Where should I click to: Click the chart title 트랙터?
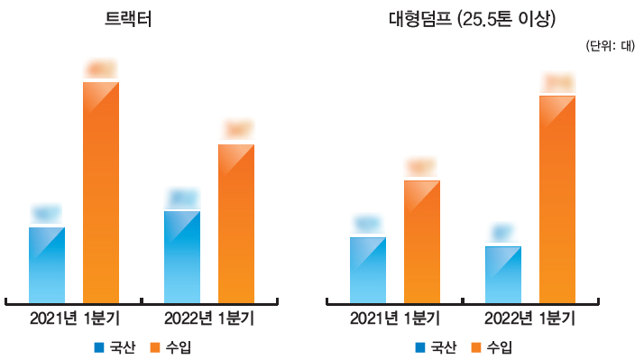point(127,21)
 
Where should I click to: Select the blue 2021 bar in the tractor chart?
point(47,263)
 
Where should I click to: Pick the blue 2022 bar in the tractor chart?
point(182,255)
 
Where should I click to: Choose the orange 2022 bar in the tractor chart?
point(236,222)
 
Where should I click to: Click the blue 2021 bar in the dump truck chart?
point(368,269)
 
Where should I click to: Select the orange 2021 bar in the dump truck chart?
point(422,240)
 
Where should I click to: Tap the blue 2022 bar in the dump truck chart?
point(503,273)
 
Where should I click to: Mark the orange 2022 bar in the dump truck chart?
point(557,198)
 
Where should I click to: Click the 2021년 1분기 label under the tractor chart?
point(74,318)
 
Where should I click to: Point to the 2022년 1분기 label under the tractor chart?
point(209,318)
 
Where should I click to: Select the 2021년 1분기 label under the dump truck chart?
point(395,318)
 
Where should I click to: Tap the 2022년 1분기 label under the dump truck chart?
point(530,318)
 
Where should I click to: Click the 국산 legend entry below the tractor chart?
point(115,347)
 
